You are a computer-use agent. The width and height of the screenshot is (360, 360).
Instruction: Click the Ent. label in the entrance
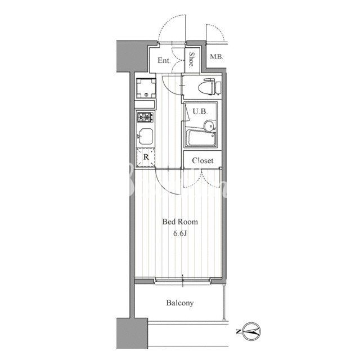click(164, 61)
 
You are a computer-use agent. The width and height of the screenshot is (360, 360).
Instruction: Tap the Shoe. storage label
click(192, 60)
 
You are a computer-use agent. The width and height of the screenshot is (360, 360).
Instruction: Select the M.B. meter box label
click(216, 57)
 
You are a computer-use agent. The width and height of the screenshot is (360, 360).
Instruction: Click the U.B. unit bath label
click(200, 112)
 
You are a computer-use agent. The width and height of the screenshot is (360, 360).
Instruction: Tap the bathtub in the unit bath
click(201, 138)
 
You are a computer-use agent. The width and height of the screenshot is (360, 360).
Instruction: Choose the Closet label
click(202, 160)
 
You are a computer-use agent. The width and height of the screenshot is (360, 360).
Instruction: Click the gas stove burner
click(146, 117)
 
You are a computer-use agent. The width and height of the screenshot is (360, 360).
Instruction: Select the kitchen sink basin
click(145, 136)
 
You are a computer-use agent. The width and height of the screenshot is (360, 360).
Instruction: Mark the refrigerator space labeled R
click(146, 157)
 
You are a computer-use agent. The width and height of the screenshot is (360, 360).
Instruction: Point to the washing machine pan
click(146, 88)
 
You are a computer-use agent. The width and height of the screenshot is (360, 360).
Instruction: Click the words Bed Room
click(180, 222)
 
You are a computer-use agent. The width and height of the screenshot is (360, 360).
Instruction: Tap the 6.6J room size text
click(180, 233)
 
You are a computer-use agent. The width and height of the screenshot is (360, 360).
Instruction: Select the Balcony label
click(180, 303)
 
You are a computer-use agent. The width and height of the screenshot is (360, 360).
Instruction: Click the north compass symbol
click(251, 331)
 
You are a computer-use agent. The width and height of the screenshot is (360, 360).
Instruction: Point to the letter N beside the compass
click(238, 331)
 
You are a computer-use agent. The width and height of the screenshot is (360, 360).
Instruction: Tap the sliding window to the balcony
click(183, 281)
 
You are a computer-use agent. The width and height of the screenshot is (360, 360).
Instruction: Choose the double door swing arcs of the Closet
click(202, 179)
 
